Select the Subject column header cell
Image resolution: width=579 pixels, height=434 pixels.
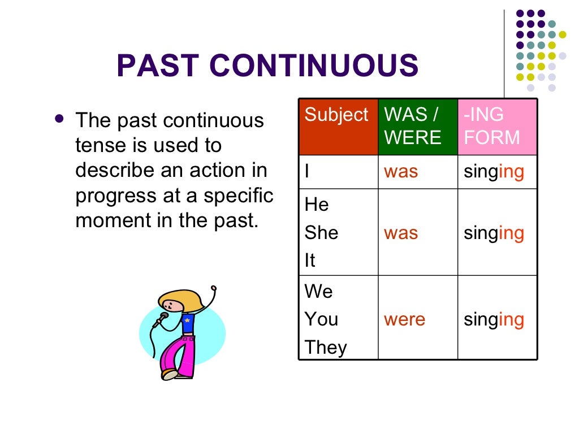click(338, 127)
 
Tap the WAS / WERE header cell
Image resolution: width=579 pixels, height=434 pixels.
click(417, 127)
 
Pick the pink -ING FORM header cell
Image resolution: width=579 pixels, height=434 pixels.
click(497, 127)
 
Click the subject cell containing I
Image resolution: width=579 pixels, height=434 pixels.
click(338, 172)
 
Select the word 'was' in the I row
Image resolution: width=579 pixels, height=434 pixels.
click(401, 172)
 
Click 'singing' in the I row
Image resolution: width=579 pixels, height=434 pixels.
click(494, 172)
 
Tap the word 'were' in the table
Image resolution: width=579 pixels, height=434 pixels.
click(405, 320)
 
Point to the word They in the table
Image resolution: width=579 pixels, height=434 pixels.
click(326, 348)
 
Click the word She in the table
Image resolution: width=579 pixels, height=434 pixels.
click(321, 232)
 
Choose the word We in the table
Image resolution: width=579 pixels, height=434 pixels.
click(319, 292)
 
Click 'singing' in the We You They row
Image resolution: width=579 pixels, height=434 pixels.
click(494, 320)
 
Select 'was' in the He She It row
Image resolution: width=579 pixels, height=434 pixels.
click(401, 232)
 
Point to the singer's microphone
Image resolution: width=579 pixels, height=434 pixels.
click(163, 318)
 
